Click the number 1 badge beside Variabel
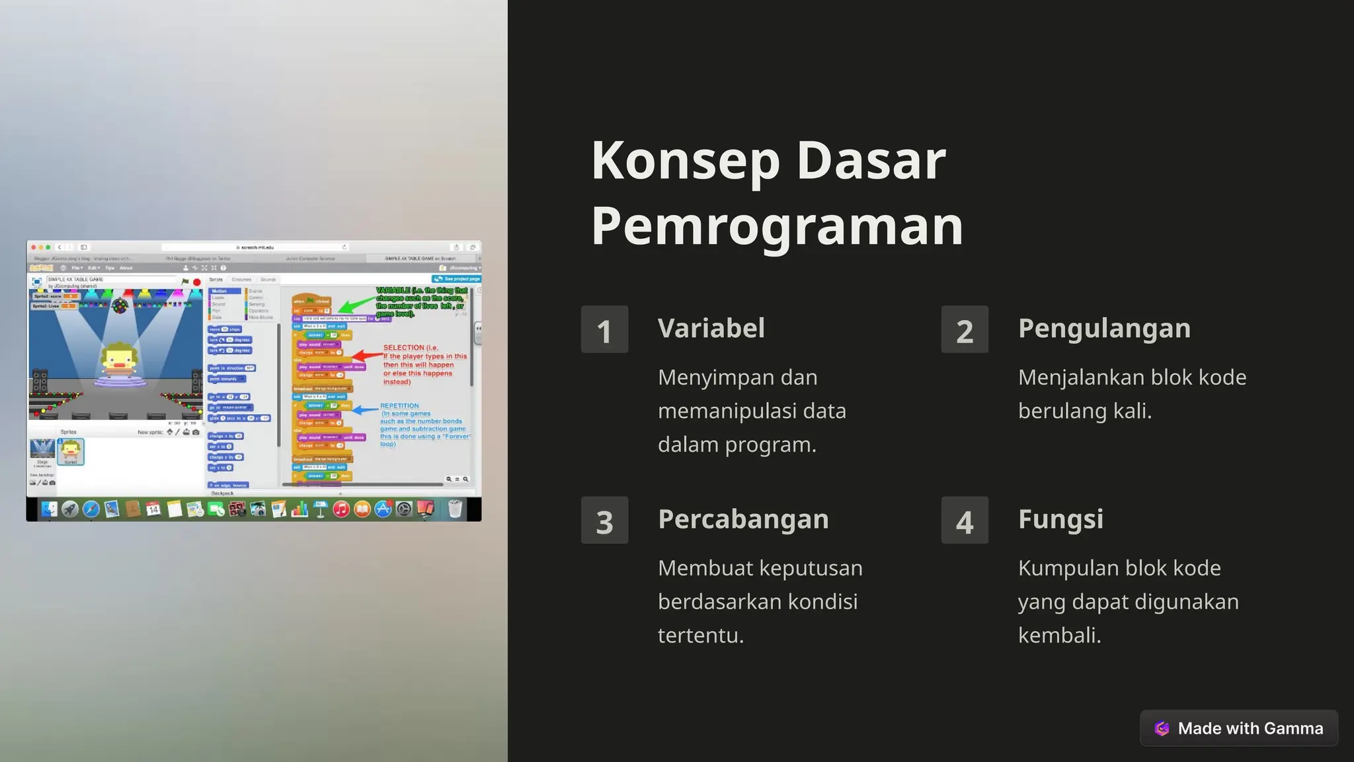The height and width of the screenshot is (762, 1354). coord(604,329)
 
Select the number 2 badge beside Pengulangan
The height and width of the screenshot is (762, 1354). coord(965,329)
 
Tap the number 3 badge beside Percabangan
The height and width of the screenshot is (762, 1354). coord(604,521)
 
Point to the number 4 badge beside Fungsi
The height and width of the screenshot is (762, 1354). coord(965,521)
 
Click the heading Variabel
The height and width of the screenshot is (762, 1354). coord(711,328)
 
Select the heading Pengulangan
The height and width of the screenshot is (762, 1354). coord(1104,328)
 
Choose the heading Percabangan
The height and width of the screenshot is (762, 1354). coord(743,519)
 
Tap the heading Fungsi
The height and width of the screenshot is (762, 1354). coord(1060,519)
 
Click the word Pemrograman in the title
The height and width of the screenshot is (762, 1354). coord(777,226)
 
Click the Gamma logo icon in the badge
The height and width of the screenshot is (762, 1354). coord(1162,728)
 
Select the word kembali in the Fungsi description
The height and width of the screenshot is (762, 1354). coord(1059,635)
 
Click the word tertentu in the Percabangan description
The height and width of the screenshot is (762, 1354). coord(701,635)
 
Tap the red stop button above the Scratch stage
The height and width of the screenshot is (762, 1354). coord(196,282)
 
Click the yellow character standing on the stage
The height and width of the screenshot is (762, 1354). coord(120,360)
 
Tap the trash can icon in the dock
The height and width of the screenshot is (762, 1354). coord(455,509)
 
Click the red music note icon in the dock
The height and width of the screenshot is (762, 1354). coord(341,509)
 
